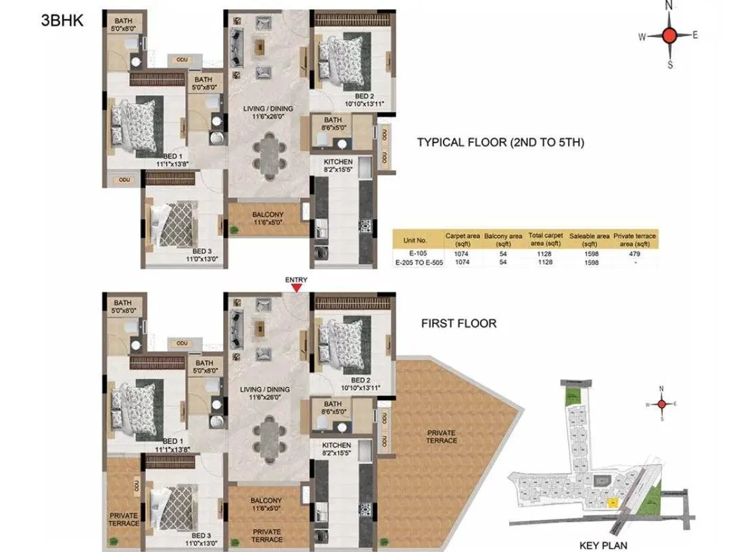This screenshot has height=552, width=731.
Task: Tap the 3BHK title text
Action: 62,20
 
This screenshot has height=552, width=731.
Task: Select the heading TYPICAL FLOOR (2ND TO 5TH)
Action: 500,142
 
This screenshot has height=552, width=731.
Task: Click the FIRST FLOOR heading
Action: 458,324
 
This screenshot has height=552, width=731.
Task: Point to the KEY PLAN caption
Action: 603,543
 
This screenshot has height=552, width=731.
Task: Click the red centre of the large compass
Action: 669,36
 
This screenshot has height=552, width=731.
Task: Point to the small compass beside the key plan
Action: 661,404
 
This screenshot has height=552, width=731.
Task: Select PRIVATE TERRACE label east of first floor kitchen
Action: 441,436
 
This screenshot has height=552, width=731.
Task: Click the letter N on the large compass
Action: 669,5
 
